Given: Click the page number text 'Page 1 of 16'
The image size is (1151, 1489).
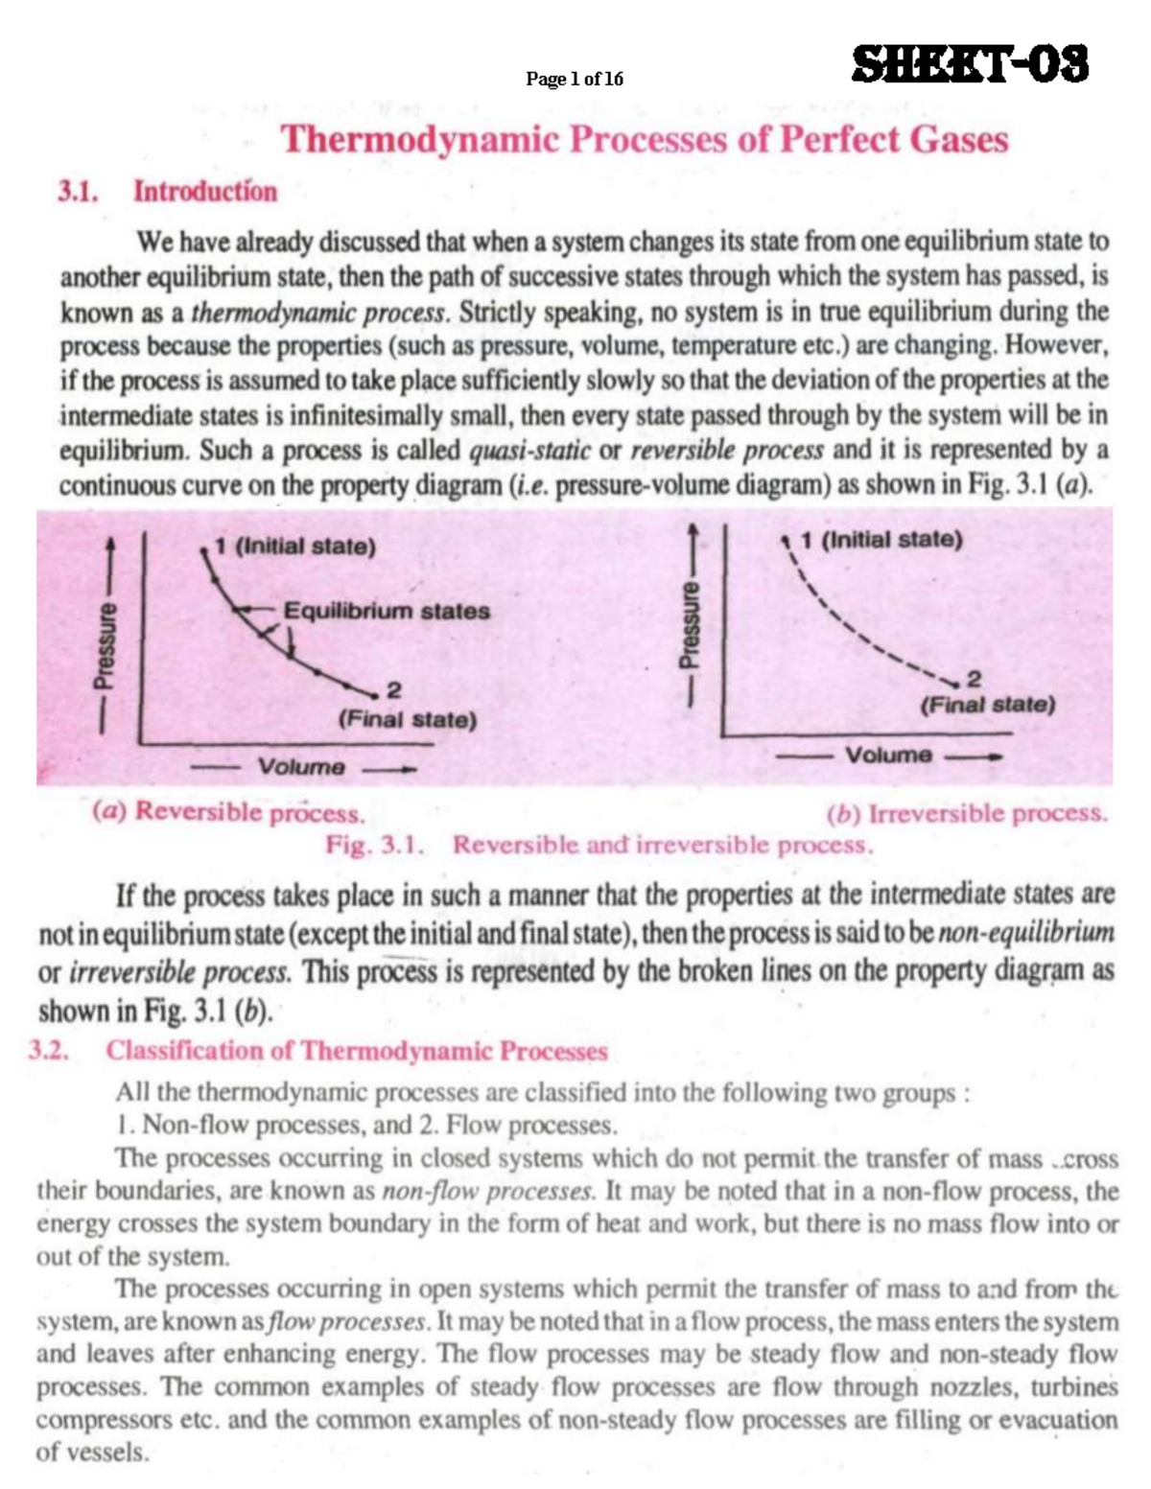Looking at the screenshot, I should (x=574, y=79).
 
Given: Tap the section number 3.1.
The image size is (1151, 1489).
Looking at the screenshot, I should (x=78, y=192).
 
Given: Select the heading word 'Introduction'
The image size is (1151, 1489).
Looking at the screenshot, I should (x=205, y=192).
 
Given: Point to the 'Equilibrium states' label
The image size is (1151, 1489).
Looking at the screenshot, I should (x=386, y=612).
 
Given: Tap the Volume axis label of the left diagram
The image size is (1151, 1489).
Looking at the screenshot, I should (x=301, y=767).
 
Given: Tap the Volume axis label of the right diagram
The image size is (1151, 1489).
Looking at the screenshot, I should (x=888, y=756).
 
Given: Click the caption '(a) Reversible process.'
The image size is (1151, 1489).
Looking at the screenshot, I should (x=229, y=812).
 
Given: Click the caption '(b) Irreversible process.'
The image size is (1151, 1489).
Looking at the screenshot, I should (x=967, y=813).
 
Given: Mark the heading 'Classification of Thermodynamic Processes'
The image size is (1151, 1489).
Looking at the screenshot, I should (x=357, y=1051).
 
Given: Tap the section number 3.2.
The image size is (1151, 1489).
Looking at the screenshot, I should (x=49, y=1051).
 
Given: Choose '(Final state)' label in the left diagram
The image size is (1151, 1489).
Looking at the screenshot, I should (x=407, y=719).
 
